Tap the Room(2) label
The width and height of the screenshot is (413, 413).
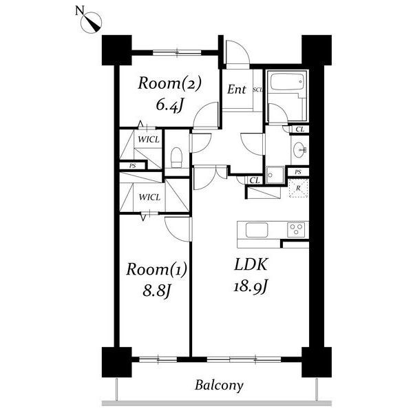[169, 83]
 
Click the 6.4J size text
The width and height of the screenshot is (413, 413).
[169, 105]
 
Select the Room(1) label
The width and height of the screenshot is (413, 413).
[156, 269]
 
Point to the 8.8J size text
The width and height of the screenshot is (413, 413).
[156, 290]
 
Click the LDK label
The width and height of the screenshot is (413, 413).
[251, 265]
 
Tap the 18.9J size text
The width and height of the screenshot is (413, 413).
[251, 286]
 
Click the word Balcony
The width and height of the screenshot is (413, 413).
[219, 386]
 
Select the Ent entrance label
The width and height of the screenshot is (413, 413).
[237, 89]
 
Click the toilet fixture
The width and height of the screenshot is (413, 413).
[176, 157]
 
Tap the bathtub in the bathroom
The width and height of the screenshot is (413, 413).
[287, 82]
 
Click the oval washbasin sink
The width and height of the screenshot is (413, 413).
[299, 150]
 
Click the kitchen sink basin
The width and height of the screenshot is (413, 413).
[257, 230]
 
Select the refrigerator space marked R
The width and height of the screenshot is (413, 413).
[299, 188]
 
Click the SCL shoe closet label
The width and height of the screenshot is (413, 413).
[258, 89]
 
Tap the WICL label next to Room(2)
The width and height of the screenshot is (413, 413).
[149, 140]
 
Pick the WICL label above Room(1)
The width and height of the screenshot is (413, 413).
[149, 197]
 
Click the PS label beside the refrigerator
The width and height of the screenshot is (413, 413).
[298, 172]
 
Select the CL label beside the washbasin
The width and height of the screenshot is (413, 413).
[300, 129]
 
